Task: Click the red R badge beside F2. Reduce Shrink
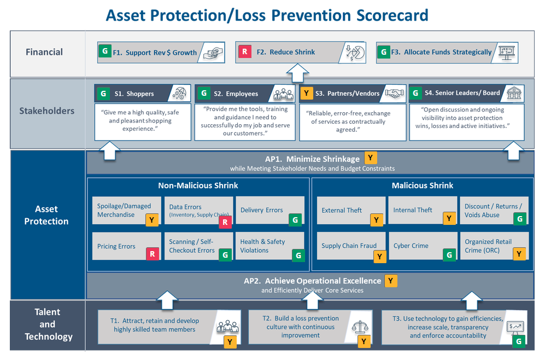pos(244,52)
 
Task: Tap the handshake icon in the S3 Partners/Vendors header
pos(394,93)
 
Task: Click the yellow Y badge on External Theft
pos(377,220)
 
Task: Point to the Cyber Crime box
pos(423,246)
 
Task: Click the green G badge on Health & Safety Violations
pos(298,255)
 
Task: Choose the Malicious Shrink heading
pos(422,185)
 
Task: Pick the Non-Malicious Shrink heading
pos(198,185)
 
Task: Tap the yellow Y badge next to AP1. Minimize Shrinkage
pos(371,159)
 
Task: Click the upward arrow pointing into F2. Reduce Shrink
pos(298,72)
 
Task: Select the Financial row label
pos(44,53)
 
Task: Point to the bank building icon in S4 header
pos(514,93)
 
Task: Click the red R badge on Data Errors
pos(225,222)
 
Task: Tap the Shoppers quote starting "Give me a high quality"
pos(143,121)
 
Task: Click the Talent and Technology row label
pos(48,324)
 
